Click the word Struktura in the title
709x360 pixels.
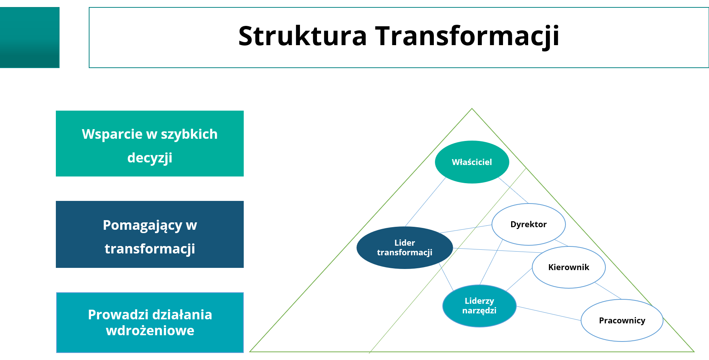point(302,36)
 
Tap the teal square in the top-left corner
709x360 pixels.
point(30,37)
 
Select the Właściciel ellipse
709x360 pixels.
point(472,162)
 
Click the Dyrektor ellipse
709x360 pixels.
point(528,224)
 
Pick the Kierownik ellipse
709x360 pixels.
point(568,267)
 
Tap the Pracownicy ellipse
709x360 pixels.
point(622,320)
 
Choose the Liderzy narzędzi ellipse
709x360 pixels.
point(479,306)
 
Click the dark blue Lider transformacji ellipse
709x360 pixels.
point(404,248)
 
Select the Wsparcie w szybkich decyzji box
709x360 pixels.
point(149,144)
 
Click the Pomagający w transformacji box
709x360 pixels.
point(149,234)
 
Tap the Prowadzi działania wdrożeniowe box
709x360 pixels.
point(149,322)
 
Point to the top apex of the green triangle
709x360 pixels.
point(472,109)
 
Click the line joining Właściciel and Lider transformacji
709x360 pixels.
point(425,202)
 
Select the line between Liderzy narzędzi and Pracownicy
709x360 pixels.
point(548,313)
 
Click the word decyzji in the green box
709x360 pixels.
point(149,158)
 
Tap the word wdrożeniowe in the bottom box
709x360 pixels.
point(150,330)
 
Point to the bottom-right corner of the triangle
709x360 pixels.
point(693,351)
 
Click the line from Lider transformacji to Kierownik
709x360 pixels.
point(497,250)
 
